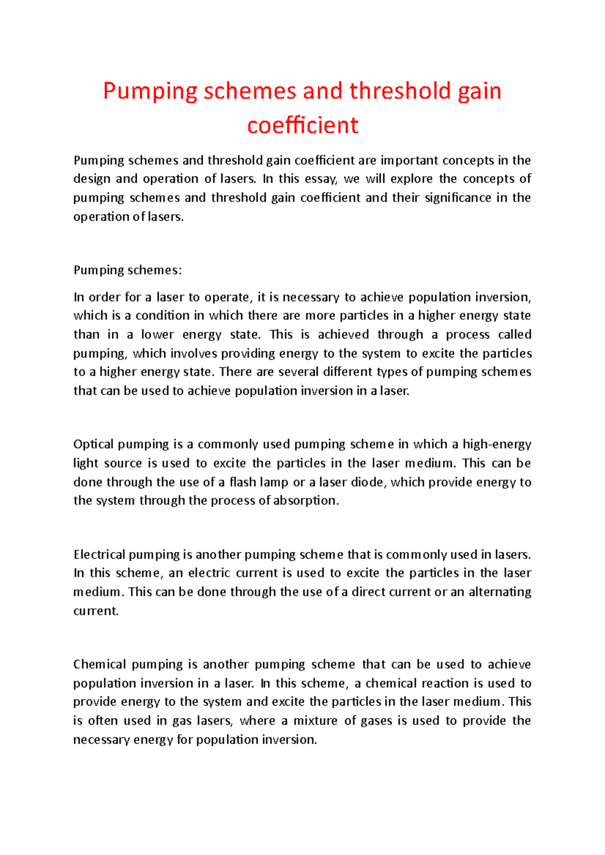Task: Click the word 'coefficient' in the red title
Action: pyautogui.click(x=302, y=125)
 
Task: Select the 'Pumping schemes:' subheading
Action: pyautogui.click(x=128, y=270)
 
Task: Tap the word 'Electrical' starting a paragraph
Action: pyautogui.click(x=99, y=555)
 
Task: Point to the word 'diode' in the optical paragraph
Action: pyautogui.click(x=369, y=482)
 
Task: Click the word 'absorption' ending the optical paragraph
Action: pyautogui.click(x=304, y=501)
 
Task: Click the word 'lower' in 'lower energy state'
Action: pyautogui.click(x=156, y=335)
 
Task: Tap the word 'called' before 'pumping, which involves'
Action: pyautogui.click(x=514, y=335)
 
